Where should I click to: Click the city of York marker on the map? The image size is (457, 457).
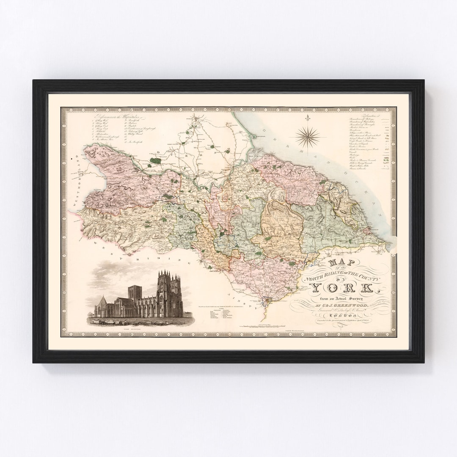265,302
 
